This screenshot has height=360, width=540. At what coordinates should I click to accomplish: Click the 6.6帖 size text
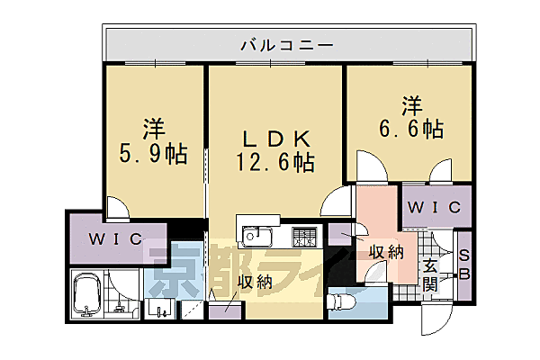coord(408,129)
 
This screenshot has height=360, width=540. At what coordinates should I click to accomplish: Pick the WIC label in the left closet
coord(113,238)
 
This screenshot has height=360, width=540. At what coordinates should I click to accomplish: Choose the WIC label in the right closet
coord(433,208)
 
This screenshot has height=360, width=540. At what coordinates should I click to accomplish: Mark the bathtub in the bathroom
coord(89,295)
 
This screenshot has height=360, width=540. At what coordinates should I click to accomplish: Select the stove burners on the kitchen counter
coord(303,238)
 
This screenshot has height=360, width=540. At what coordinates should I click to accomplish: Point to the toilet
coord(343,300)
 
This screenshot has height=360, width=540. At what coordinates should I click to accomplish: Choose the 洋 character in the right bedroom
coord(412,103)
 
